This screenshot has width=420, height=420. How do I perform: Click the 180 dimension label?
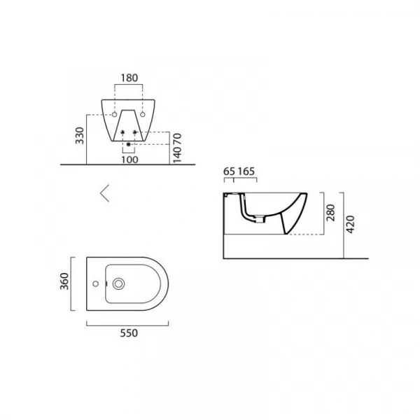pyautogui.click(x=129, y=78)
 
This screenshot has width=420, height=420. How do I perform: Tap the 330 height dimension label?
pyautogui.click(x=80, y=136)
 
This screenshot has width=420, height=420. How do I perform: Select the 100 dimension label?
pyautogui.click(x=130, y=160)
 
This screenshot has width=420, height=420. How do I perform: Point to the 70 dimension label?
pyautogui.click(x=177, y=139)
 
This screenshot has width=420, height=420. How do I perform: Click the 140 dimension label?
pyautogui.click(x=177, y=154)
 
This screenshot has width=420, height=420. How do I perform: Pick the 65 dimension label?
pyautogui.click(x=229, y=171)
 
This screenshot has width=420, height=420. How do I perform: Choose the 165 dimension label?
pyautogui.click(x=246, y=171)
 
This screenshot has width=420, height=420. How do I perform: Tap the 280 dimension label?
pyautogui.click(x=331, y=213)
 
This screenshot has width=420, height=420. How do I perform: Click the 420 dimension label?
pyautogui.click(x=350, y=224)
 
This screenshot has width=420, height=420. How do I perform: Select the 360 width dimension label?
pyautogui.click(x=64, y=281)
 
